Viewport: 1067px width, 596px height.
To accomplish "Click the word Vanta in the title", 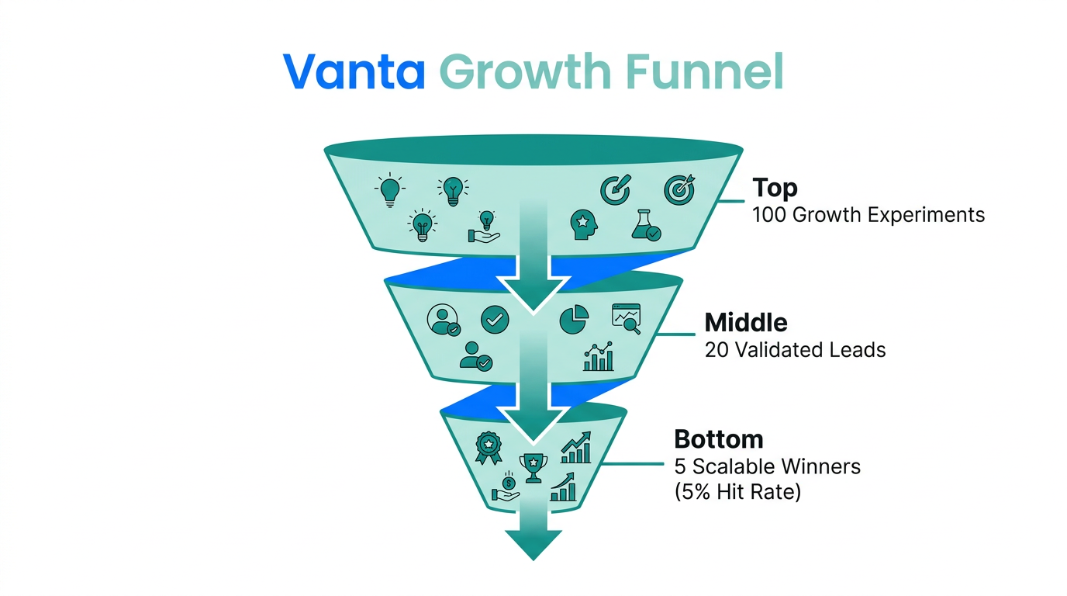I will pyautogui.click(x=354, y=71).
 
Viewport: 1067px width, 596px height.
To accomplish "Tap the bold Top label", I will pyautogui.click(x=775, y=188).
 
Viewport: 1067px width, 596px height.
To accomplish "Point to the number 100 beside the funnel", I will pyautogui.click(x=769, y=214).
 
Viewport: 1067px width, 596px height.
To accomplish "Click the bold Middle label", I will pyautogui.click(x=745, y=322).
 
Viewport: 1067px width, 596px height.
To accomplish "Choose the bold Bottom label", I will pyautogui.click(x=718, y=438).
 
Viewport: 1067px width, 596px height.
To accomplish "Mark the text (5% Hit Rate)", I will pyautogui.click(x=737, y=491).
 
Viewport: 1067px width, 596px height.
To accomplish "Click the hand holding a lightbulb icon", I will pyautogui.click(x=485, y=227).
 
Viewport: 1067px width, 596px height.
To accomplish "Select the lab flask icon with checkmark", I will pyautogui.click(x=645, y=223).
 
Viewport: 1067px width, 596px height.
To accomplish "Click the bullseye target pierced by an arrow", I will pyautogui.click(x=679, y=189).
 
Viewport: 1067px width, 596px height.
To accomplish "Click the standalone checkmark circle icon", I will pyautogui.click(x=495, y=318).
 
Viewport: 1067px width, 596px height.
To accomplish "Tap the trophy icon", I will pyautogui.click(x=533, y=466).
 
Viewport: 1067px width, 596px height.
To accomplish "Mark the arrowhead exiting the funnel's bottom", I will pyautogui.click(x=533, y=543).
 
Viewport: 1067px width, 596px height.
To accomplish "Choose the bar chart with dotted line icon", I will pyautogui.click(x=598, y=357).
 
